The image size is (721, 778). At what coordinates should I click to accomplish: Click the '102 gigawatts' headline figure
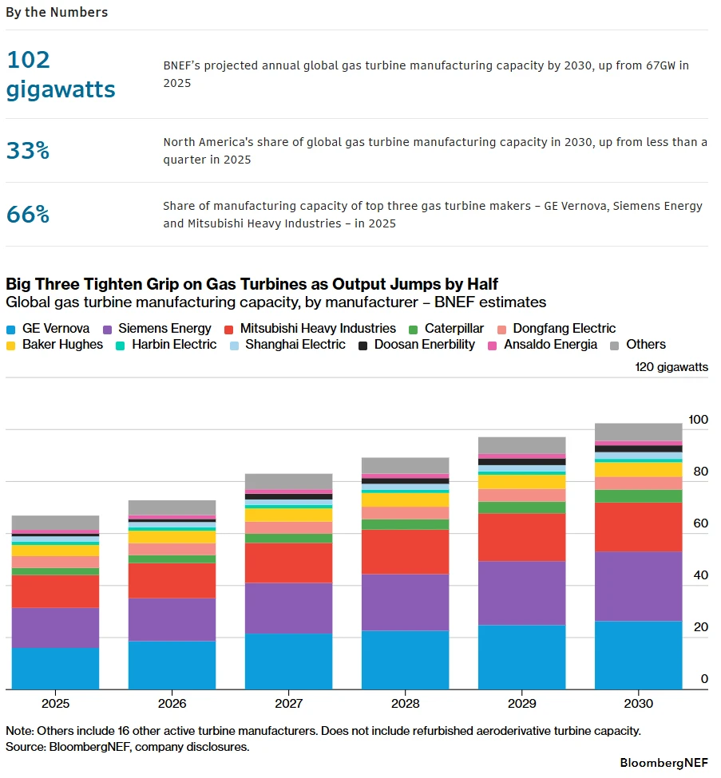pos(61,74)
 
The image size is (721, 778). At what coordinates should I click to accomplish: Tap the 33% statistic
pos(28,150)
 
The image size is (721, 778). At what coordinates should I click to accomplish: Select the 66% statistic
pos(28,215)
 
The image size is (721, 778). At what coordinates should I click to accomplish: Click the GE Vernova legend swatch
pos(11,330)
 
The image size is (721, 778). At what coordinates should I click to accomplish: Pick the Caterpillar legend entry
pos(446,329)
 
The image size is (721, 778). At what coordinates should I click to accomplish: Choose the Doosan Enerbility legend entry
pos(417,345)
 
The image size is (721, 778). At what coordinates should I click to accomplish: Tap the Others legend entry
pos(638,345)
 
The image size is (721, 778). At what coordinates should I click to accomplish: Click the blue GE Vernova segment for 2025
pos(56,669)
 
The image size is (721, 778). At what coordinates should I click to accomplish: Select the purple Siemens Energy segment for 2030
pos(639,586)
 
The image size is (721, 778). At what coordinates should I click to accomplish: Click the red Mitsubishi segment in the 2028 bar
pos(405,551)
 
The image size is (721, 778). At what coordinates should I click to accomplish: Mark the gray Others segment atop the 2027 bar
pos(288,482)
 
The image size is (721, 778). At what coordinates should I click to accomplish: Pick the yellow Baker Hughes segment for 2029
pos(522,482)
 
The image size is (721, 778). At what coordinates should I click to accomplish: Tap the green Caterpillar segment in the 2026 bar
pos(172,559)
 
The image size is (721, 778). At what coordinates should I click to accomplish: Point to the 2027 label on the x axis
pos(288,704)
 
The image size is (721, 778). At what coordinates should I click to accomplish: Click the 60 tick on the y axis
pos(701,523)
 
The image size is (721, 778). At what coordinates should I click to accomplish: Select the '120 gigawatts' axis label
pos(671,367)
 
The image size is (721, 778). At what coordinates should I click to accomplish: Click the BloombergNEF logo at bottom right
pos(664,763)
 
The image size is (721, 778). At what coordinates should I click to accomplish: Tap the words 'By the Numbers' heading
pos(57,13)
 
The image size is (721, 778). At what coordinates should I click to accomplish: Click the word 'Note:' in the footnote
pos(20,731)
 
